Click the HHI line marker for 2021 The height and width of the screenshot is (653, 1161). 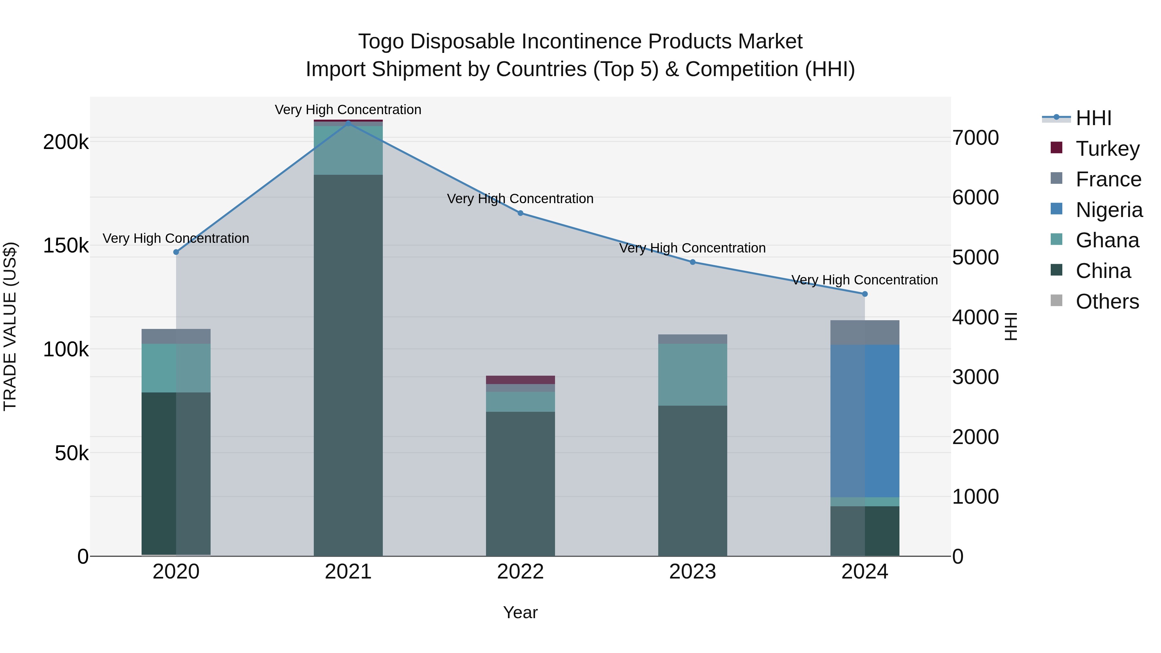pyautogui.click(x=348, y=123)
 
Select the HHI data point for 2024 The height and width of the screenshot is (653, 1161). pyautogui.click(x=864, y=294)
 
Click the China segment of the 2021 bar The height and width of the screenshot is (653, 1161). pyautogui.click(x=348, y=365)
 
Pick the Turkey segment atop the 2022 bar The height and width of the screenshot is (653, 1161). pyautogui.click(x=520, y=380)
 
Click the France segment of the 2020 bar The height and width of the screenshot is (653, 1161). pyautogui.click(x=176, y=336)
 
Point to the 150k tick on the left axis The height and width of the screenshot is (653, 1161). pyautogui.click(x=66, y=246)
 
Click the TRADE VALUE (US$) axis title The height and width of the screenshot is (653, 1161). pyautogui.click(x=10, y=326)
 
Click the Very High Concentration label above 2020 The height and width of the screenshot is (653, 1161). pyautogui.click(x=176, y=238)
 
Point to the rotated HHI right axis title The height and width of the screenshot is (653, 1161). pyautogui.click(x=1011, y=326)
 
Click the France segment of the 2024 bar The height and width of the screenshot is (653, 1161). pyautogui.click(x=864, y=332)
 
